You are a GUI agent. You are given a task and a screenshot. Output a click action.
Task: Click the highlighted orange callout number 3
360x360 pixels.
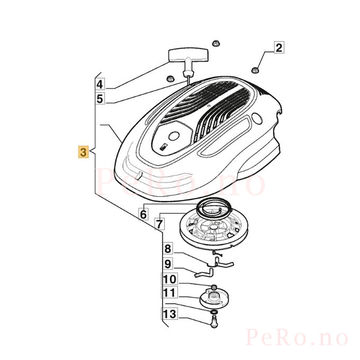coord(83,152)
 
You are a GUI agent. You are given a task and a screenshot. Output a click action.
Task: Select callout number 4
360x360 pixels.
coord(100,84)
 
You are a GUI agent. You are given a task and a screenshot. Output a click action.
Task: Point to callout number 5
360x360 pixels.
coord(100,98)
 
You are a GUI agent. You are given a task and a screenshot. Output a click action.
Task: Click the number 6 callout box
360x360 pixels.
coord(143,214)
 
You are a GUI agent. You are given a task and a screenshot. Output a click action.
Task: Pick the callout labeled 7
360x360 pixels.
coord(159,224)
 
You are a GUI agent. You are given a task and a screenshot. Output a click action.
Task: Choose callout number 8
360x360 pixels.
coord(168,249)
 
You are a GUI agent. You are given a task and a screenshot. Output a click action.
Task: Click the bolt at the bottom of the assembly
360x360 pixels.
coord(214,325)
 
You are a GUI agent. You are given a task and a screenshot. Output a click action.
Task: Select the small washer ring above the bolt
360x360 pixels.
coord(214,312)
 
